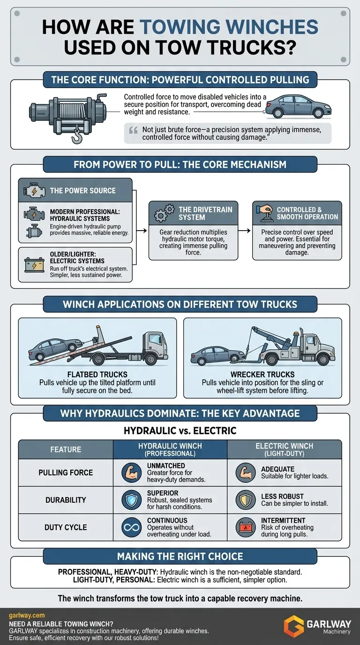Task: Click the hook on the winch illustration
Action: [76, 137]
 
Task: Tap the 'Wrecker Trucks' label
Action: [262, 375]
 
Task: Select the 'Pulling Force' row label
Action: [66, 472]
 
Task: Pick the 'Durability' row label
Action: [66, 500]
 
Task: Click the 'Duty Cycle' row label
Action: [66, 527]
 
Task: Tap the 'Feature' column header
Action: [66, 450]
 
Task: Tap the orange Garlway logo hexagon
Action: [294, 626]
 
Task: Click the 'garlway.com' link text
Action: [26, 615]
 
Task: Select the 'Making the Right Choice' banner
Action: [180, 556]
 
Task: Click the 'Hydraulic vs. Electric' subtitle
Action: [180, 430]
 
